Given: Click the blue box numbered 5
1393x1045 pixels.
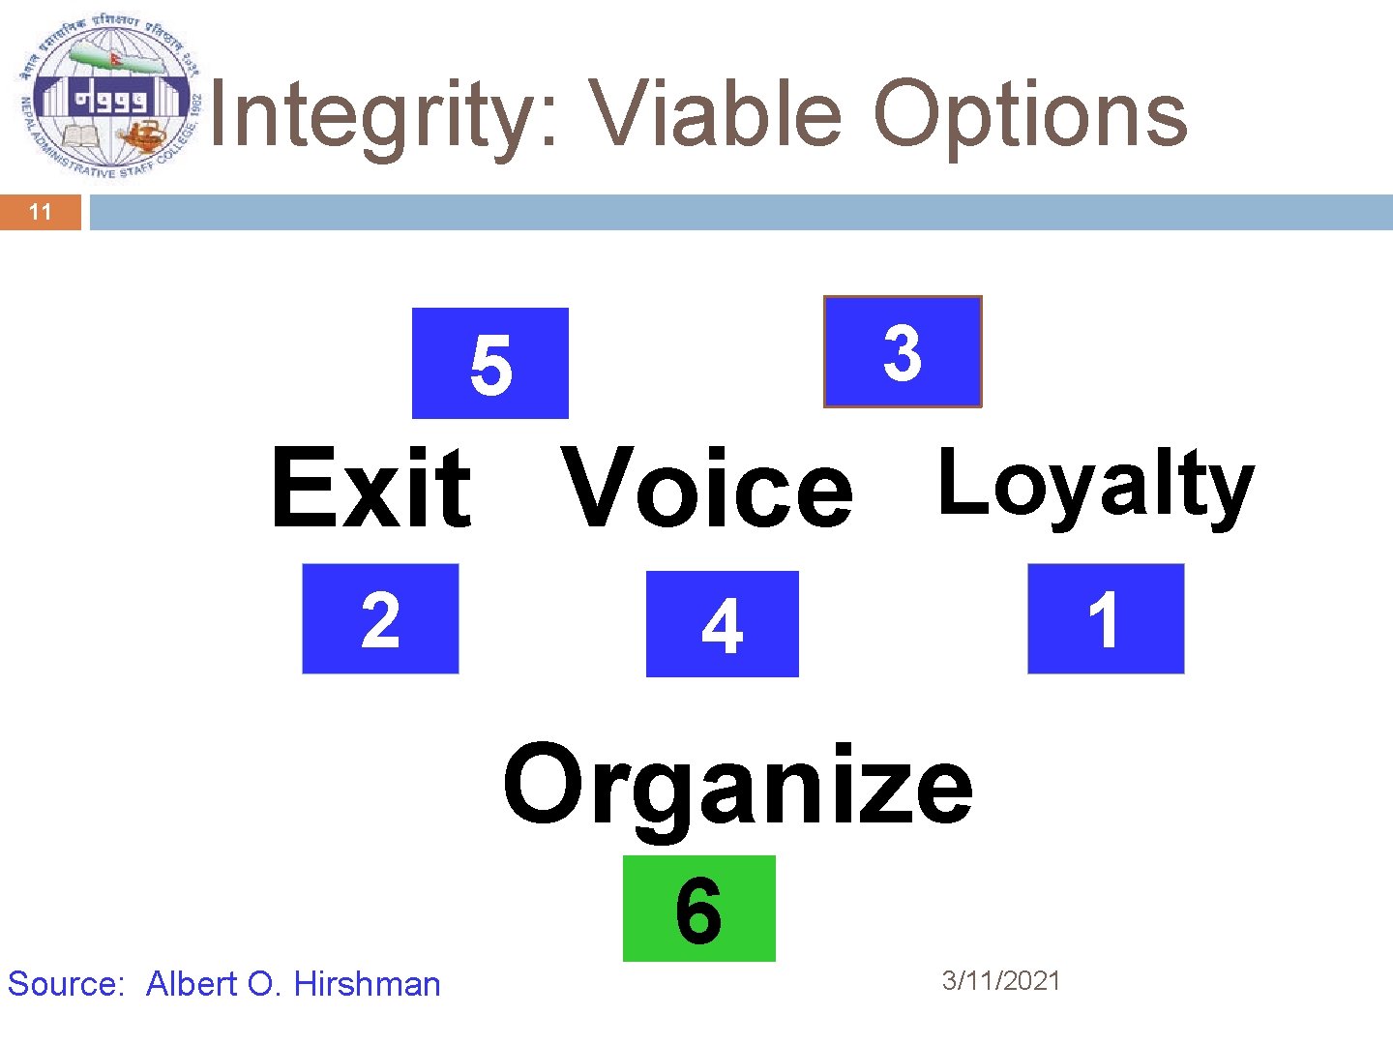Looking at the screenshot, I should click(489, 363).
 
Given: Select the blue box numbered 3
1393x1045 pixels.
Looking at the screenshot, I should click(903, 351).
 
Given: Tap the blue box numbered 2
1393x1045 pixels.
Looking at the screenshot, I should click(380, 618).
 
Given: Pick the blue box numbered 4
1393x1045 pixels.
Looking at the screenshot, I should click(722, 624).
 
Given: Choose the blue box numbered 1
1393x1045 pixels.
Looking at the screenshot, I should click(1105, 618).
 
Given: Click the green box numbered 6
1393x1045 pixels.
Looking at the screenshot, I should click(698, 909).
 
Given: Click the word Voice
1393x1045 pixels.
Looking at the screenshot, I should click(706, 489).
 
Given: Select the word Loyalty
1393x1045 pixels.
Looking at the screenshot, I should click(1095, 485).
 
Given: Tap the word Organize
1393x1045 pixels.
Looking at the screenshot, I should click(737, 786).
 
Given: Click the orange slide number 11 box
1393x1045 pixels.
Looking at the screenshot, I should click(41, 212).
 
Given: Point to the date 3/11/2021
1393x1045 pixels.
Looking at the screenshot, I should click(1001, 981).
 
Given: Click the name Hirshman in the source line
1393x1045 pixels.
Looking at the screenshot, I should click(367, 984).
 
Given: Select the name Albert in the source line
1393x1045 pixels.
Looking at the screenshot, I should click(192, 984).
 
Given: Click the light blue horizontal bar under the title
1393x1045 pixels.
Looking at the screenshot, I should click(740, 212).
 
